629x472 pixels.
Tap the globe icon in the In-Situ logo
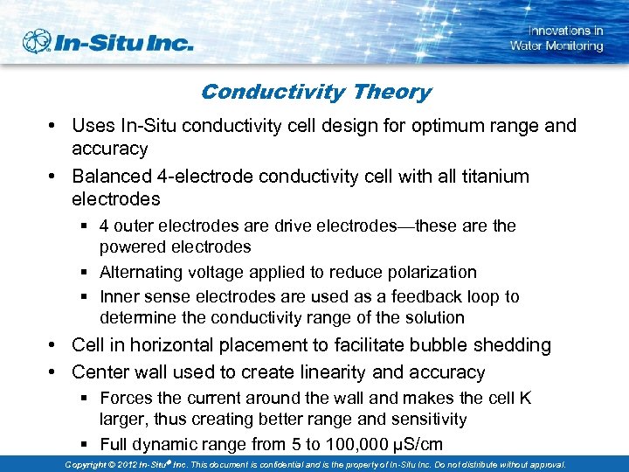coord(38,41)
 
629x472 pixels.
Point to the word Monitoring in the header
coord(572,45)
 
